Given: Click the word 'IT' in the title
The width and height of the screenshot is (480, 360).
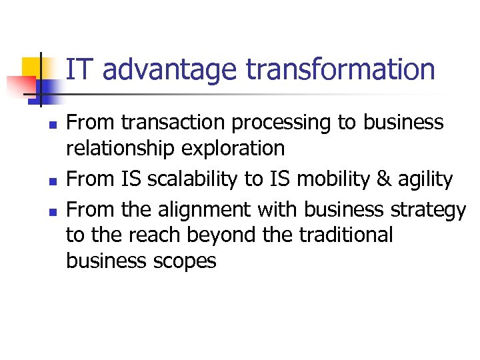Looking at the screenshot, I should pyautogui.click(x=81, y=69).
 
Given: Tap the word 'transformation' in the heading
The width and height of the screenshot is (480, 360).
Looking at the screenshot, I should pyautogui.click(x=341, y=69).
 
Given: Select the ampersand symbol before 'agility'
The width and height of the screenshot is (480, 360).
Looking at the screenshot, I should pyautogui.click(x=387, y=179).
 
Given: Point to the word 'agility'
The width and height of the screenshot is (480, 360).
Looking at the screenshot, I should pyautogui.click(x=428, y=180).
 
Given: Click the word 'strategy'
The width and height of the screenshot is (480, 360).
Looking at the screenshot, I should pyautogui.click(x=429, y=211).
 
